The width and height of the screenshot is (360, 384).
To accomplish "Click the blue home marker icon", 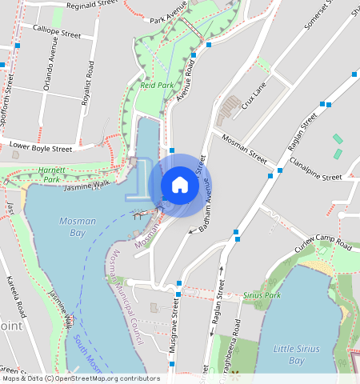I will click(x=180, y=185).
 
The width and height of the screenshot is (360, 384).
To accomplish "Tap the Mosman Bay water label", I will click(x=66, y=226).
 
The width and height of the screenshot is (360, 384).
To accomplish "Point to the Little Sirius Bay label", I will click(x=297, y=354).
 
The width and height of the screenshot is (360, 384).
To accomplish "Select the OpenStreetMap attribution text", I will click(x=80, y=378).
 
